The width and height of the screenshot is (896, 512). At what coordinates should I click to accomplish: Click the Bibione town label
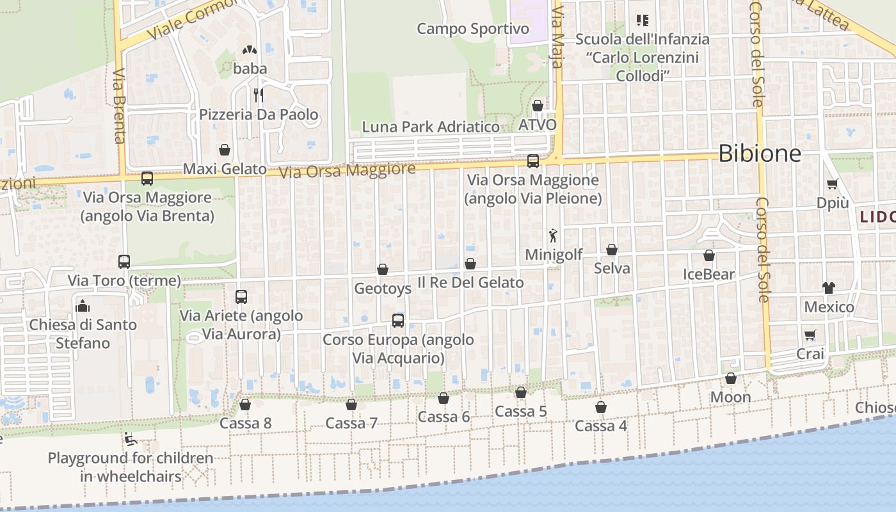pos(760,154)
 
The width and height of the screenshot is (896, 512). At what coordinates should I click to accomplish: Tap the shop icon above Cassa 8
pos(244,404)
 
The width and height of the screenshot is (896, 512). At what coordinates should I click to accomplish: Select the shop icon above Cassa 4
pos(601,407)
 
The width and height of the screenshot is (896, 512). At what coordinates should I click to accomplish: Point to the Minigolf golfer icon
pos(554,236)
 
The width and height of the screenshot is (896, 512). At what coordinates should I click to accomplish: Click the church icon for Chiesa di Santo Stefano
pos(83,306)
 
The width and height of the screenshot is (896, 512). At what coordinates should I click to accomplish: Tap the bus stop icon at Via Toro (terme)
pos(124,262)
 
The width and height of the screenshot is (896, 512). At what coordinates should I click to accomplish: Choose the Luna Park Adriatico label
pos(431,127)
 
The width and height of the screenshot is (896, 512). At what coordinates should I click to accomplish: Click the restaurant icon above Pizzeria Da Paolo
pos(259,95)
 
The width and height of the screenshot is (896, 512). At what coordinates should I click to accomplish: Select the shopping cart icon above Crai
pos(810,335)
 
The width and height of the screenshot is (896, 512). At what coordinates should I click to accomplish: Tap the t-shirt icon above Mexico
pos(829,288)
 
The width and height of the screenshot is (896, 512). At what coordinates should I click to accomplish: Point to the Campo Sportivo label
pos(473,29)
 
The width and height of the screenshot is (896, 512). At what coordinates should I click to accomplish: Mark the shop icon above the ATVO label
pos(538,106)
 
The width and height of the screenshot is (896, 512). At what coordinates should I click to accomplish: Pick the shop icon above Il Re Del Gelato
pos(470,264)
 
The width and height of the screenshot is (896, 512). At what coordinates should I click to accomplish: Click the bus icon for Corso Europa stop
pos(398,321)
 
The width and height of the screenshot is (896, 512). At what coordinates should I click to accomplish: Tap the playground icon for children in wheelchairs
pos(130,439)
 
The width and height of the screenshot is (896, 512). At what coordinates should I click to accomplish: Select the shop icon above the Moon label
pos(731,379)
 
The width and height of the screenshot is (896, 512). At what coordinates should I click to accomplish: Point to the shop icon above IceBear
pos(709,256)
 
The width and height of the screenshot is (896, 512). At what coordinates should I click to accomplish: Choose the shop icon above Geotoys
pos(383,270)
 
